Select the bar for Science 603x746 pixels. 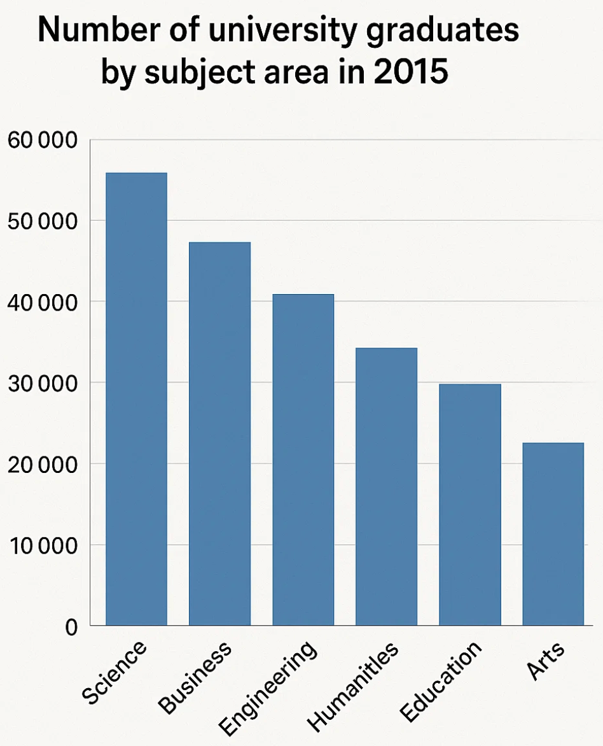click(x=136, y=399)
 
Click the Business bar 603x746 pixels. click(x=219, y=433)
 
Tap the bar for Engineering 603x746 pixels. click(x=303, y=460)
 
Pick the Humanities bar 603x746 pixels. click(x=386, y=486)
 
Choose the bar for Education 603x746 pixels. click(x=469, y=505)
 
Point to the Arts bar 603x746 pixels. click(x=553, y=534)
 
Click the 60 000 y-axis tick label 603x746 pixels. click(x=42, y=140)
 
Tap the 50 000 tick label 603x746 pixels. click(x=42, y=221)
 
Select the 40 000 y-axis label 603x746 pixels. click(x=42, y=302)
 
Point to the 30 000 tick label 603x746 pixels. click(x=42, y=383)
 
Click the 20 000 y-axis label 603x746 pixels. click(x=42, y=464)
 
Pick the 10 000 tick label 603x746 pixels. click(x=42, y=545)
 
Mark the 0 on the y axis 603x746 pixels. click(x=71, y=627)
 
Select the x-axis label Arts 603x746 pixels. click(x=546, y=663)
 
